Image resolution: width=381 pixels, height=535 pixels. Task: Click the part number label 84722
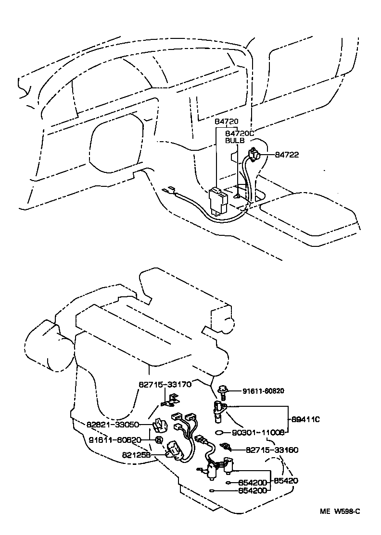287,155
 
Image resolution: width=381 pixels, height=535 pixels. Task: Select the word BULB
235,141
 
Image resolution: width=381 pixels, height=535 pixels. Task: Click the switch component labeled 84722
254,155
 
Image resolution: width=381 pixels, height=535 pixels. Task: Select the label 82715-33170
165,384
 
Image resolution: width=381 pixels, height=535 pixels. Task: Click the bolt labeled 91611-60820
223,393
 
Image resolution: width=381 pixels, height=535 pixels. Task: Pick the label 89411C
305,419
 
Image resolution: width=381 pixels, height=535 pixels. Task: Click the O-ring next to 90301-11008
219,432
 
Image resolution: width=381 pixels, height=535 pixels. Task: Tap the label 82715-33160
272,450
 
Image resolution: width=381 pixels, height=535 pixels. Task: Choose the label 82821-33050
113,425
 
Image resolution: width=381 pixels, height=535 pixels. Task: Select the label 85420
286,480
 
